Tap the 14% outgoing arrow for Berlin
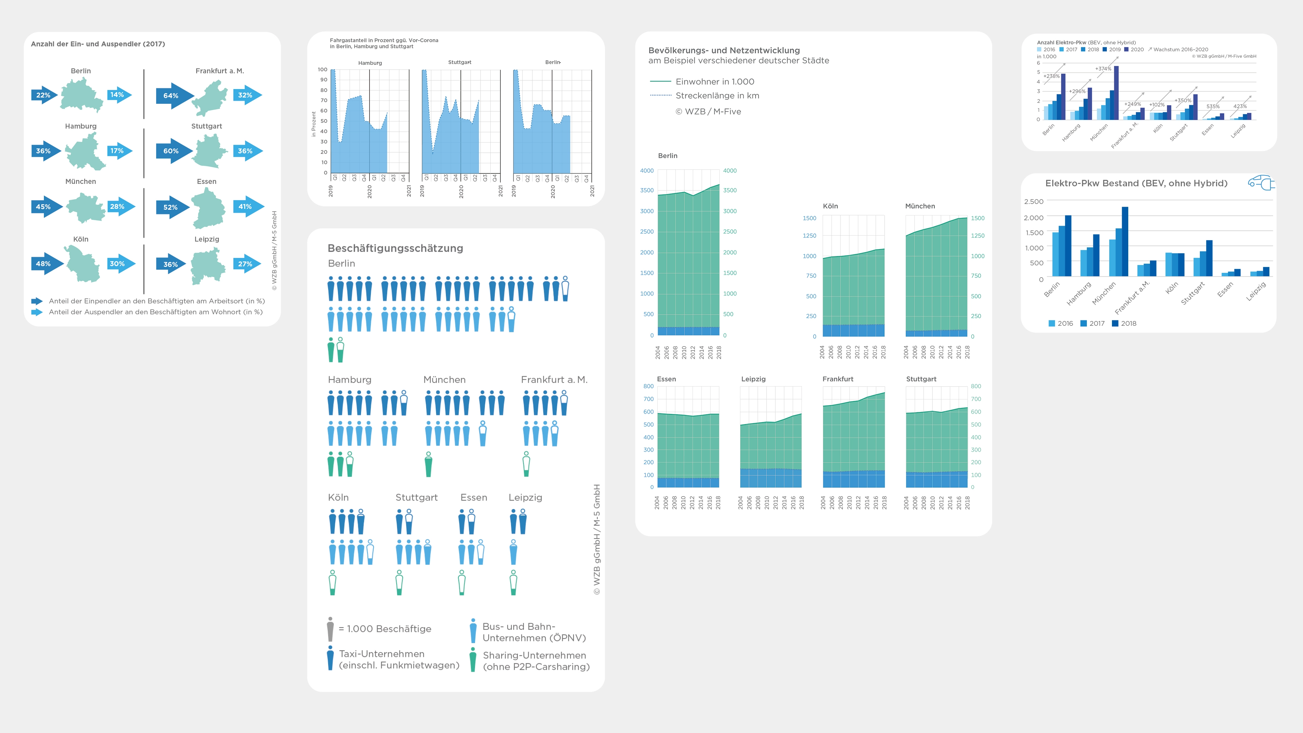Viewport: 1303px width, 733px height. tap(119, 95)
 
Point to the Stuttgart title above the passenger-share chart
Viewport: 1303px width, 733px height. tap(459, 62)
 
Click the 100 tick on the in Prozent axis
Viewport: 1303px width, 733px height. tap(322, 69)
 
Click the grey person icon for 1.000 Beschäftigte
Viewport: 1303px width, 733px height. tap(330, 629)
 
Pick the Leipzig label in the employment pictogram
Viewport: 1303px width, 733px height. tap(525, 497)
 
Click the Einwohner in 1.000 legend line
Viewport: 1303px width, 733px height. tap(660, 81)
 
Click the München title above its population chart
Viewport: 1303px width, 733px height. tap(920, 206)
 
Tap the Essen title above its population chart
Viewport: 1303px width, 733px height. tap(666, 379)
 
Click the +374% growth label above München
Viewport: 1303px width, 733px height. tap(1103, 69)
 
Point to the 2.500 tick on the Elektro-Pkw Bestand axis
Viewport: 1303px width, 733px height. tap(1033, 201)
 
